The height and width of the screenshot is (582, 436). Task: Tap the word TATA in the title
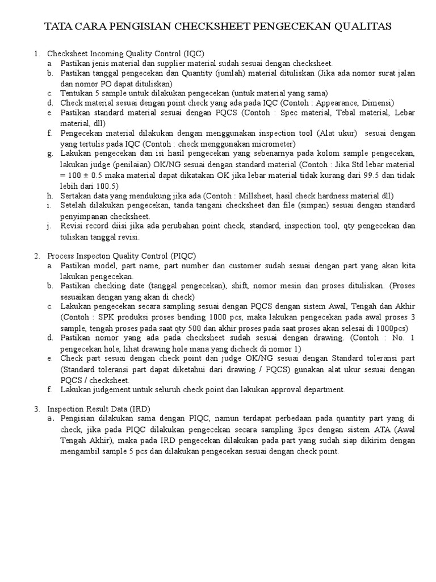pos(57,27)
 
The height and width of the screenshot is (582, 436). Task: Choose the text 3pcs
pos(286,430)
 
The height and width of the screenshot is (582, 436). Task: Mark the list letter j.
pos(49,226)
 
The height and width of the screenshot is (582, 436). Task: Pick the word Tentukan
pos(78,93)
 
